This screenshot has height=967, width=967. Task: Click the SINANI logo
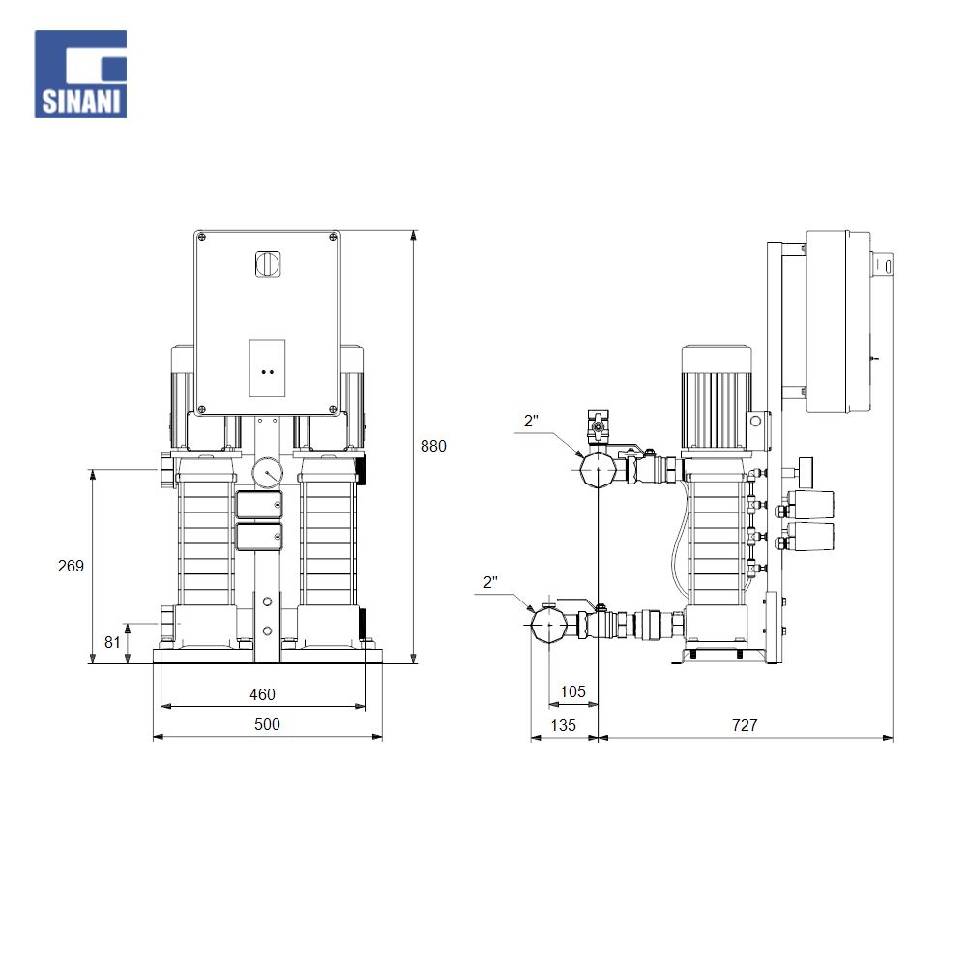(x=81, y=74)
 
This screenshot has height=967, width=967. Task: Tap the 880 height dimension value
(x=433, y=446)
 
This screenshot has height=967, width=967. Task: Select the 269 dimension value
(x=71, y=566)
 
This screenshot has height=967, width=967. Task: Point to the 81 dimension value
(x=112, y=641)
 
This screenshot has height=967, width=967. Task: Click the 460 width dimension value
(x=262, y=694)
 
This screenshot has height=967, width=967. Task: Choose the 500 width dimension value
(x=267, y=724)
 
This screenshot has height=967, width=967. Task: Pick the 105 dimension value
(x=573, y=691)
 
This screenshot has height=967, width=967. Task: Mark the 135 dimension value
(x=563, y=724)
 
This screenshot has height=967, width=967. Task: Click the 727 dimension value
(x=745, y=724)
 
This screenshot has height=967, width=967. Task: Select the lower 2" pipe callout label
(x=490, y=582)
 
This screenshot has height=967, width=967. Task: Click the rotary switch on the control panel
(x=266, y=263)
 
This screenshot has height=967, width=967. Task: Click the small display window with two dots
(x=268, y=368)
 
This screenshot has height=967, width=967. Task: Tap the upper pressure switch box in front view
(x=258, y=506)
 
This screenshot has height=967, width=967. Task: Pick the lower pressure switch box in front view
(x=258, y=537)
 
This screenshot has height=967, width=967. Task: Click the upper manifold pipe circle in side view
(x=598, y=471)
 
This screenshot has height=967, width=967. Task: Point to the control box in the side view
(x=836, y=322)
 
